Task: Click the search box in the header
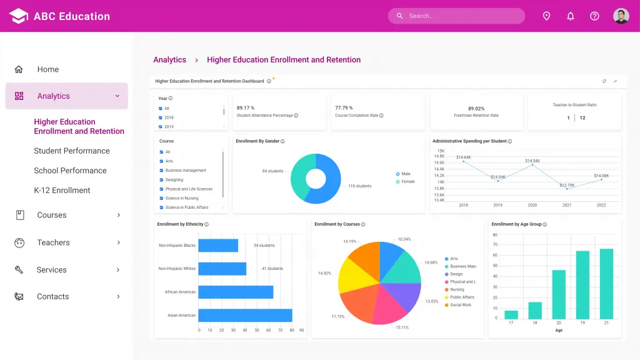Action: click(x=456, y=16)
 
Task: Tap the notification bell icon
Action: click(x=571, y=16)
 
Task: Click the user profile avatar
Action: click(x=621, y=16)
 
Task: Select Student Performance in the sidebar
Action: click(x=72, y=151)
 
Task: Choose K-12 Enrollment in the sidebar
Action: click(x=62, y=190)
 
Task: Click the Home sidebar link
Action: click(x=48, y=69)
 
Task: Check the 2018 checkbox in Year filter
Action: click(x=161, y=117)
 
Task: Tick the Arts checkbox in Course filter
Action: click(x=161, y=161)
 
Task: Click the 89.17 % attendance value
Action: click(x=246, y=108)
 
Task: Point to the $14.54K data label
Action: click(x=532, y=161)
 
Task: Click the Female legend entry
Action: click(x=407, y=182)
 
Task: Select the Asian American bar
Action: click(x=245, y=315)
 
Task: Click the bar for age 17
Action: click(x=511, y=314)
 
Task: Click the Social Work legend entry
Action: click(x=461, y=305)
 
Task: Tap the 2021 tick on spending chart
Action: click(x=567, y=205)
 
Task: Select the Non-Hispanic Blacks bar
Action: click(x=218, y=246)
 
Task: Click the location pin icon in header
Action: click(x=546, y=16)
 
